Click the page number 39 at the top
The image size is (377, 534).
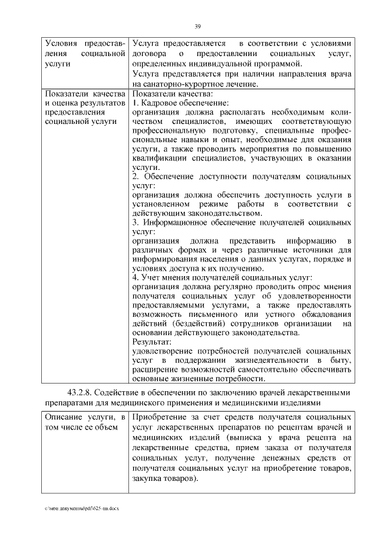198,25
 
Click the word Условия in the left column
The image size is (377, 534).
62,44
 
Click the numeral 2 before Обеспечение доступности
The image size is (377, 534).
134,177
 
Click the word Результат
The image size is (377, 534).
151,342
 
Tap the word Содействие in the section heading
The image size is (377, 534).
125,392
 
